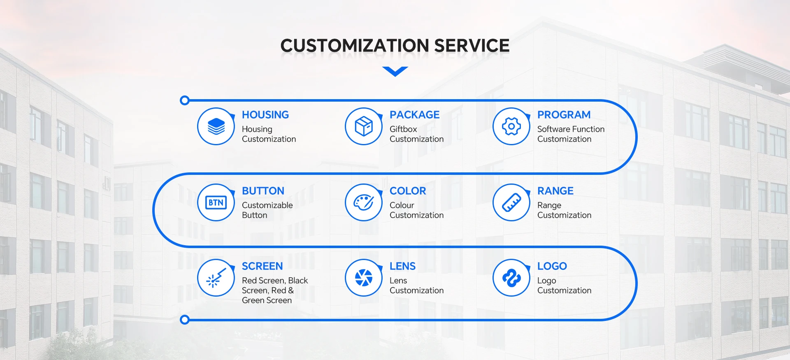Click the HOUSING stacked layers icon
(216, 126)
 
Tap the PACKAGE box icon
(364, 126)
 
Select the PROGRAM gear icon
(511, 126)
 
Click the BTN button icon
(216, 202)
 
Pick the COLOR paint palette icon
(364, 202)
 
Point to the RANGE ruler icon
(511, 202)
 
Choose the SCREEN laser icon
(216, 278)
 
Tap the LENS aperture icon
(364, 278)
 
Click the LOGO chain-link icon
(511, 278)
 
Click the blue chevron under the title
(395, 71)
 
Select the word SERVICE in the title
(472, 45)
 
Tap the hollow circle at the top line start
(185, 100)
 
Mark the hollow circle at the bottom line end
(185, 320)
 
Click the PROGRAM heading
(564, 115)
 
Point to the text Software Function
(571, 129)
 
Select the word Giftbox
(403, 129)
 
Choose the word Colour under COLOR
(402, 205)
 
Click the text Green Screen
(267, 300)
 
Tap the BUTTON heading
(263, 191)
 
